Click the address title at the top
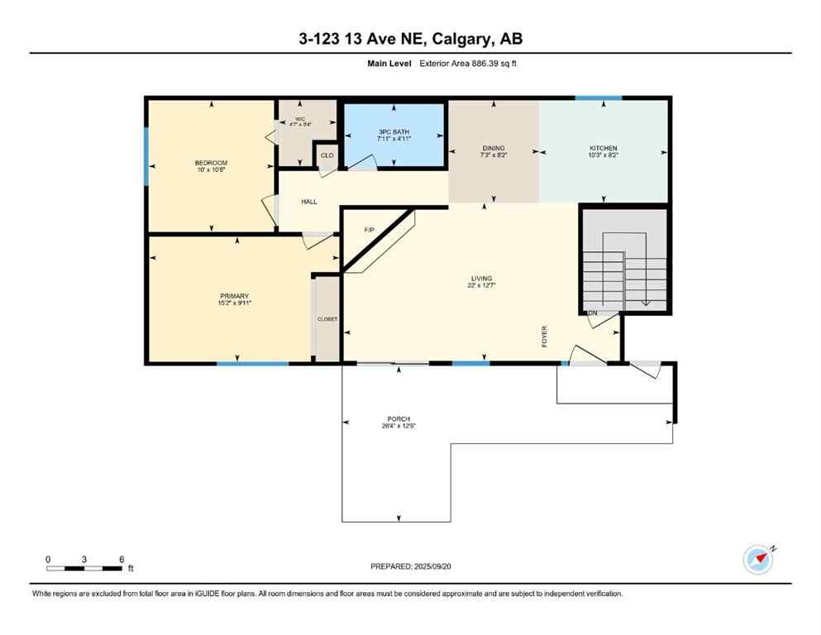coord(410,38)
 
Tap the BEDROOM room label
coord(211,163)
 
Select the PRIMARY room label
coord(234,296)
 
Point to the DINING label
coord(494,149)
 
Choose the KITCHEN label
coord(604,149)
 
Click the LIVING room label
coord(481,279)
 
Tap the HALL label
coord(309,202)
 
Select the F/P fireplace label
coord(370,230)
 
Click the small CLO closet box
coord(327,155)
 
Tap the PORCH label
coord(400,419)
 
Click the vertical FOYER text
coord(545,336)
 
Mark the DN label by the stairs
coord(592,313)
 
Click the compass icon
coord(758,559)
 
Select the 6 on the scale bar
coord(122,559)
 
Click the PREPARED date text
coord(411,566)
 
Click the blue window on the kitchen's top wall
coord(599,98)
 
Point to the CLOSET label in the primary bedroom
coord(327,319)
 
